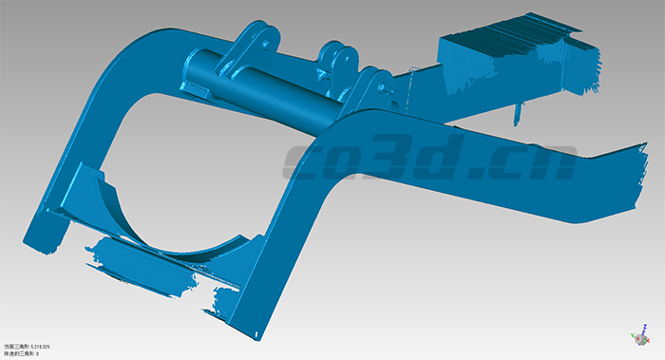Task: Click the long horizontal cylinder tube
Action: click(275, 90)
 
